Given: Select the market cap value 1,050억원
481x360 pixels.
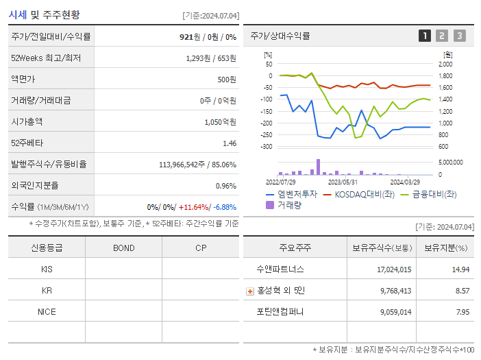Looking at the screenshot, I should pyautogui.click(x=220, y=121).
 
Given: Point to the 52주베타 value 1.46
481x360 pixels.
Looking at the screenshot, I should pyautogui.click(x=230, y=143).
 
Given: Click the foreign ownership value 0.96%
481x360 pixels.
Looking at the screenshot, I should pyautogui.click(x=226, y=186).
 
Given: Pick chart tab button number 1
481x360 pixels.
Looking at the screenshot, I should pyautogui.click(x=425, y=36).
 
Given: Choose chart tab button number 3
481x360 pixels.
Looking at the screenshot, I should pyautogui.click(x=459, y=36).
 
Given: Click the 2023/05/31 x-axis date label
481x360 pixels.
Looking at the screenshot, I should pyautogui.click(x=343, y=182).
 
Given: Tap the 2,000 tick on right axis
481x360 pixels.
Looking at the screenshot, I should pyautogui.click(x=445, y=64).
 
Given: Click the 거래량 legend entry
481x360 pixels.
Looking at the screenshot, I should pyautogui.click(x=288, y=204).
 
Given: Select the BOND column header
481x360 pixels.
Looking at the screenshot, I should pyautogui.click(x=123, y=248).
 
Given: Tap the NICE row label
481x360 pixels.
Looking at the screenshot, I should pyautogui.click(x=47, y=311).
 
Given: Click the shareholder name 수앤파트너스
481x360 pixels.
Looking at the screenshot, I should pyautogui.click(x=280, y=269).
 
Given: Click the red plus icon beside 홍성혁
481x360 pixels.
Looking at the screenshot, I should pyautogui.click(x=250, y=291).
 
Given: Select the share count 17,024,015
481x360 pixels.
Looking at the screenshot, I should pyautogui.click(x=394, y=269).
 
